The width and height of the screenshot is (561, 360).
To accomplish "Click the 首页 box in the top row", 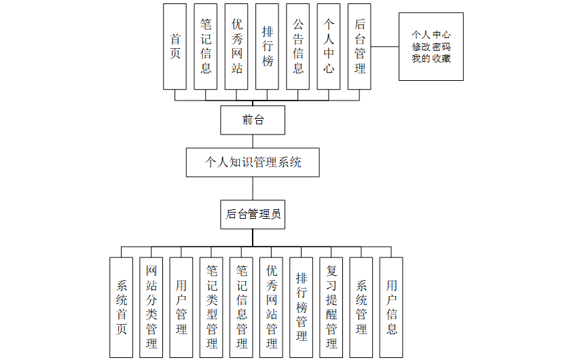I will (175, 46).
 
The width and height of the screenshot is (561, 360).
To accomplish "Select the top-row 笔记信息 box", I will (206, 46).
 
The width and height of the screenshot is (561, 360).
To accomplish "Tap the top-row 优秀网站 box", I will (236, 46).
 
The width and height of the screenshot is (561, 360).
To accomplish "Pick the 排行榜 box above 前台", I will (268, 46).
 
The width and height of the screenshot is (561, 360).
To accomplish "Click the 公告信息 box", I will (298, 46).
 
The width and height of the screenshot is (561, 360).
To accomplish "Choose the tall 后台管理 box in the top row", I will (359, 46).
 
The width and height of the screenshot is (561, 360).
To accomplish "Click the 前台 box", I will (253, 120).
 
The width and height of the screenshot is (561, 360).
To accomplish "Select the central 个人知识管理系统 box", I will (253, 162).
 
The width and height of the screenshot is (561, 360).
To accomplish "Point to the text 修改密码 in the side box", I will (431, 46).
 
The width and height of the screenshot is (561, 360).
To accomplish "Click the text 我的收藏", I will (431, 58).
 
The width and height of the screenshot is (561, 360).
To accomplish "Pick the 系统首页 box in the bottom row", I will (122, 307).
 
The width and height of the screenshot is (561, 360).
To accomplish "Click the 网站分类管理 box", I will (151, 307).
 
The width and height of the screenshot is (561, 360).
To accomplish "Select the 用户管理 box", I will (181, 307).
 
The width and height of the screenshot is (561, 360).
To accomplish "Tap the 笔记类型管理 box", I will (211, 307).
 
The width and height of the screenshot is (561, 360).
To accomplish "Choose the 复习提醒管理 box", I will (331, 307).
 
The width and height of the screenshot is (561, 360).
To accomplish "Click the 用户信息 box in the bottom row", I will (391, 307).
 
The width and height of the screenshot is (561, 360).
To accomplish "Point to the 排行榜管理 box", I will (302, 307).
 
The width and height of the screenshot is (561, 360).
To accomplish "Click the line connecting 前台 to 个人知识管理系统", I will (253, 141).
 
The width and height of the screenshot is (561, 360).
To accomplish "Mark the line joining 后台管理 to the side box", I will (384, 46).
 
